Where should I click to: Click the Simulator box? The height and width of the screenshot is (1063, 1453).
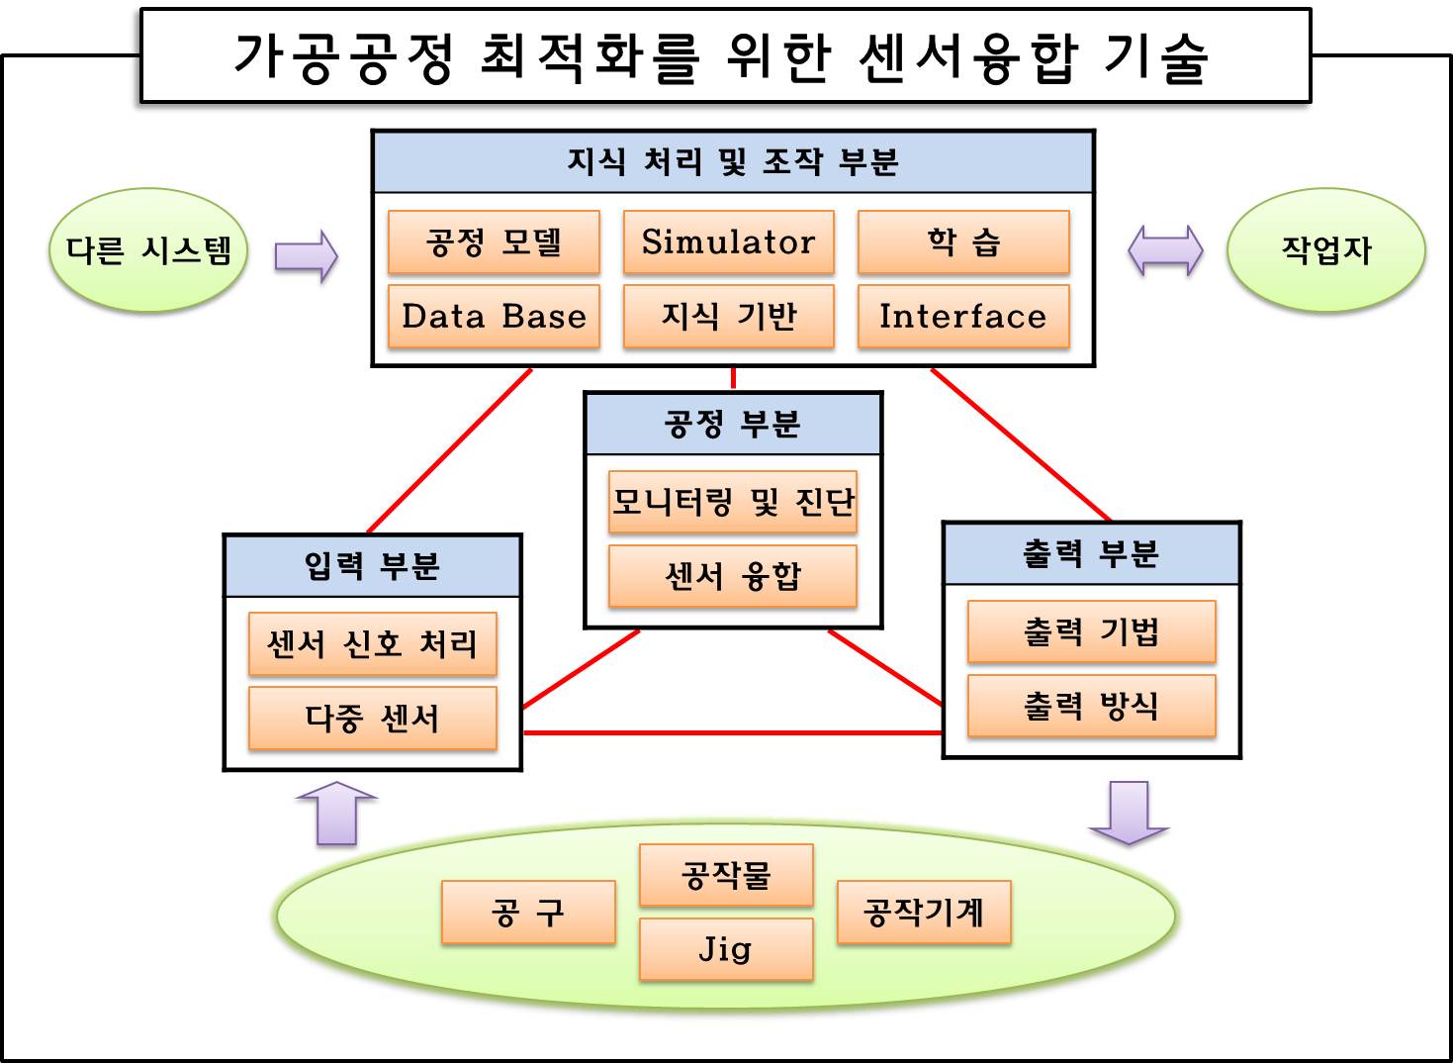pos(728,242)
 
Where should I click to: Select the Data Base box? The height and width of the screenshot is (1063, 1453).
pos(494,317)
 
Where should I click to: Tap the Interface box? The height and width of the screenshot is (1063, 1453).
pos(963,317)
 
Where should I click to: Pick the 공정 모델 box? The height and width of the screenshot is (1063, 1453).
pos(494,242)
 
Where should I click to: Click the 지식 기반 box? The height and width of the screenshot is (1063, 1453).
pos(728,317)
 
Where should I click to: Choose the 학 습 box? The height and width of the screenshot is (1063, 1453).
pos(963,242)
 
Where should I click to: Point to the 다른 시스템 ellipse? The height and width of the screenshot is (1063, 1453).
pos(148,250)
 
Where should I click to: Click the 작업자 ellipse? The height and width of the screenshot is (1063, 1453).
pos(1325,250)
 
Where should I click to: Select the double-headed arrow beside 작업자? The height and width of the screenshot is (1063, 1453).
pos(1165,250)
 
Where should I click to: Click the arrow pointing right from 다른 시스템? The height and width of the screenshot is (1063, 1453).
pos(306,256)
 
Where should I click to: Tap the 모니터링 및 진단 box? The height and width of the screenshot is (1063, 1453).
pos(732,503)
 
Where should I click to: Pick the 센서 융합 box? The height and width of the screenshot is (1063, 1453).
pos(732,576)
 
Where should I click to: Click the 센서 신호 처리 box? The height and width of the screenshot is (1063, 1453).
pos(372,644)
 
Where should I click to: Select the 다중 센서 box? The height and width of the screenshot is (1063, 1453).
pos(372,719)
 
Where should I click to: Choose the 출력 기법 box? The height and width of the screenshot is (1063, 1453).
pos(1091,631)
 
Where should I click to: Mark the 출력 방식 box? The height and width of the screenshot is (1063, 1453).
pos(1091,706)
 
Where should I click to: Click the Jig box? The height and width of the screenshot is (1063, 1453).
pos(726,949)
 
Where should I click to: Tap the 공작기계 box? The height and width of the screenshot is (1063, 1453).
pos(924,912)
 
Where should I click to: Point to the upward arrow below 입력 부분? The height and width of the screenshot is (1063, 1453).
pos(337,814)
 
